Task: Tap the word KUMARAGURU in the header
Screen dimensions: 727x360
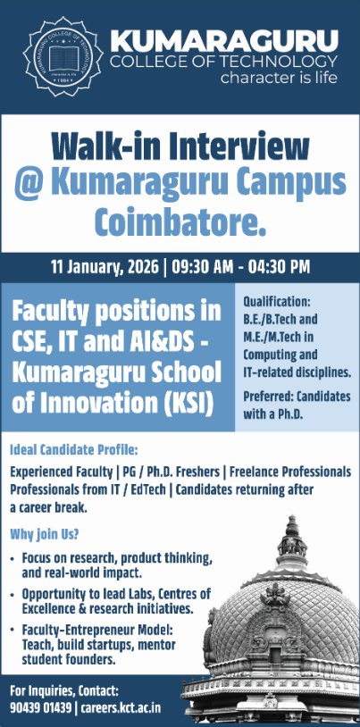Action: coord(224,41)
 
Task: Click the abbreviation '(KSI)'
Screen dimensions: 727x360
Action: coord(182,403)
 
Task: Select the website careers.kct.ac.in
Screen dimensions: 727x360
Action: coord(121,707)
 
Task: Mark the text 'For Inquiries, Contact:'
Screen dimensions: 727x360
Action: coord(64,690)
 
